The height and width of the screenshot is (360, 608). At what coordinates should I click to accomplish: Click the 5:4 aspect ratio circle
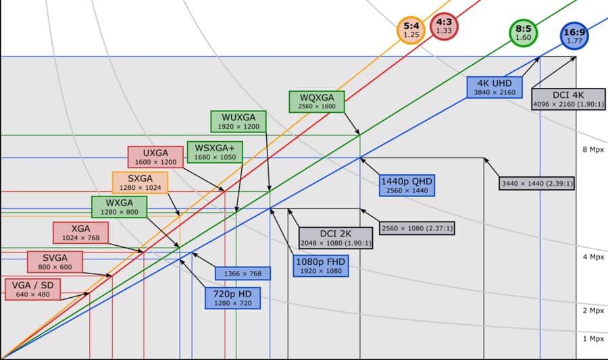tap(411, 30)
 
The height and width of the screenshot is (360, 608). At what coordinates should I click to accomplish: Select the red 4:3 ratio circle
tap(444, 26)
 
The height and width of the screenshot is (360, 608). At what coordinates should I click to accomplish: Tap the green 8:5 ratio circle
tap(524, 32)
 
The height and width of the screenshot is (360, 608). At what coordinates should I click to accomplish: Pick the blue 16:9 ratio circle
tap(574, 36)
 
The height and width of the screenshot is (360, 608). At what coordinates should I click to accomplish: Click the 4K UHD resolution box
tap(495, 88)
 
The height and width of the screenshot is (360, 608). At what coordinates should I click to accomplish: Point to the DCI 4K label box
tap(568, 99)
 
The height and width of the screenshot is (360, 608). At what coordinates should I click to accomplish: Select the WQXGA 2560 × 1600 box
tap(317, 101)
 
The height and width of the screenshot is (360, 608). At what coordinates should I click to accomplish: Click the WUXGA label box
tap(238, 122)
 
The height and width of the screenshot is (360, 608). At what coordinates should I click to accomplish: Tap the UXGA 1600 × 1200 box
tap(155, 157)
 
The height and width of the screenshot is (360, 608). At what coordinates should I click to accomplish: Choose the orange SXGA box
tap(140, 182)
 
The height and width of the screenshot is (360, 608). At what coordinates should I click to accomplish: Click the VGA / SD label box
tap(33, 290)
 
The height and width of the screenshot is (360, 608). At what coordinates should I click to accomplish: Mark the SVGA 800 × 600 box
tap(55, 262)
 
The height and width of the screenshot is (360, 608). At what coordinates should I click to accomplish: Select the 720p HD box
tap(232, 298)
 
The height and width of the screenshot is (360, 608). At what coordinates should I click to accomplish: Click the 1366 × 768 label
tap(243, 274)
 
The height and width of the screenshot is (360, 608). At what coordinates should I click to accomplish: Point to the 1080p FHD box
tap(321, 266)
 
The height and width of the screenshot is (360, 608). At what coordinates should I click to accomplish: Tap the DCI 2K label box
tap(336, 238)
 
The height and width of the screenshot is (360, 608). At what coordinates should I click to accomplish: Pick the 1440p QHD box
tap(407, 185)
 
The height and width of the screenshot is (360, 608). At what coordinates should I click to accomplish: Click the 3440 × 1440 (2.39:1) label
tap(537, 183)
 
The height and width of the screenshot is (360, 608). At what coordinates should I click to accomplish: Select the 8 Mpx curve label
tap(593, 149)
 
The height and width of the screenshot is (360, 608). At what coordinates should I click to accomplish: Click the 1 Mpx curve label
tap(593, 338)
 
